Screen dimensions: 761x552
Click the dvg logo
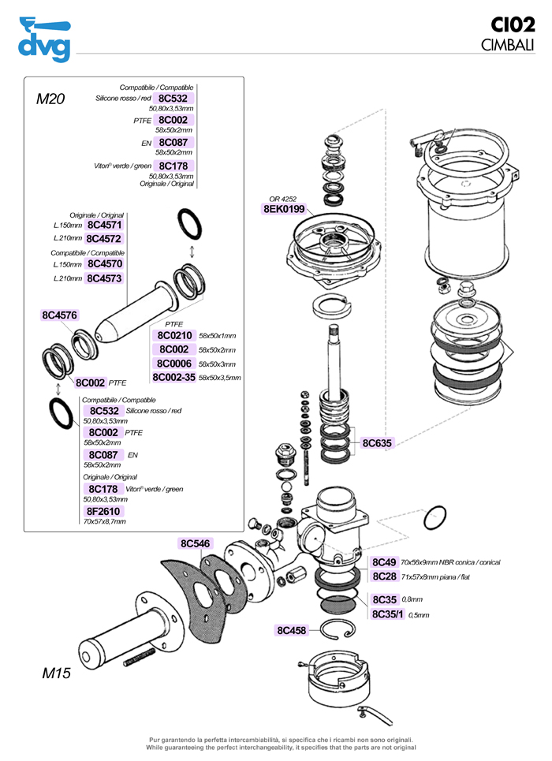tap(44, 39)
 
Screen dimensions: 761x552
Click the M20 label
tap(50, 99)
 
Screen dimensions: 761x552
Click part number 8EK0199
tap(283, 209)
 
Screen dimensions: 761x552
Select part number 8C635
tap(377, 443)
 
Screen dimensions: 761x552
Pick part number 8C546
tap(195, 543)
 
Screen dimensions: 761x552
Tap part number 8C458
tap(291, 630)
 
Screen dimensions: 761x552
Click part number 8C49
tap(384, 562)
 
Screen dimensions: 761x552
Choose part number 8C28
tap(384, 576)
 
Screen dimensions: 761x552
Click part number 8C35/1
tap(388, 614)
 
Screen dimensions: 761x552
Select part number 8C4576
tap(59, 315)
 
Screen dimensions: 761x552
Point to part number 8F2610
tap(103, 511)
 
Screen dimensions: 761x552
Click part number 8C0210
tap(175, 335)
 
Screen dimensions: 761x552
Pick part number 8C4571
tap(104, 224)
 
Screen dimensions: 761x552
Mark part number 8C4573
tap(104, 278)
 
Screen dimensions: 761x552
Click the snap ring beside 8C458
tap(341, 629)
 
